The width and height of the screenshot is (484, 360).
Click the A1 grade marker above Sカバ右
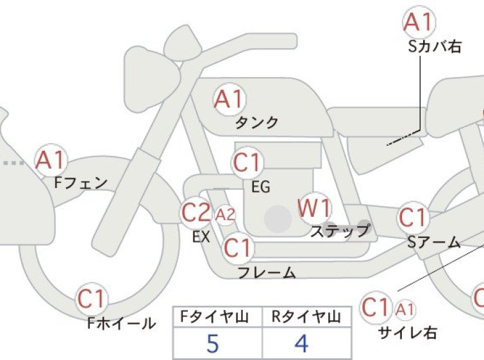click(419, 22)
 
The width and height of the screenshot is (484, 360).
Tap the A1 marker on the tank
click(229, 99)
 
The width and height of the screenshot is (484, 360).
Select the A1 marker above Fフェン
click(51, 160)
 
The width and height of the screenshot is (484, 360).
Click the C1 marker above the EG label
click(247, 162)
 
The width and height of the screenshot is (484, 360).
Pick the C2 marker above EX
click(196, 212)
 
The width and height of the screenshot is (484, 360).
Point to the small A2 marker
click(225, 214)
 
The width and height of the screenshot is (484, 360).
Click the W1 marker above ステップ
click(315, 208)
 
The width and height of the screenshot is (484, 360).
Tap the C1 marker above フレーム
click(238, 247)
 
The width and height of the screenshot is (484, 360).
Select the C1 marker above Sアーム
click(413, 218)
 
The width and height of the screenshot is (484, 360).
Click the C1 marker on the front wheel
click(92, 298)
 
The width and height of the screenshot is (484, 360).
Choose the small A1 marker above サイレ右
click(405, 309)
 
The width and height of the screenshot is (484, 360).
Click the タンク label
click(256, 123)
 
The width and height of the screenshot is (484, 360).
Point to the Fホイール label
click(121, 323)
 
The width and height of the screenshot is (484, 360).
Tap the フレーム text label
click(267, 273)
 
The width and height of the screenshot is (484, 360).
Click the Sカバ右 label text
click(434, 47)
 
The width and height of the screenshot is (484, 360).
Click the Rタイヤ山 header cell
click(306, 317)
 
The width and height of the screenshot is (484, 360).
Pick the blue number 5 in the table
click(213, 343)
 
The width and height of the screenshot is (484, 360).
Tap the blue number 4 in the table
click(301, 343)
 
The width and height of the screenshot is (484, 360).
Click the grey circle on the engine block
click(278, 219)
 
